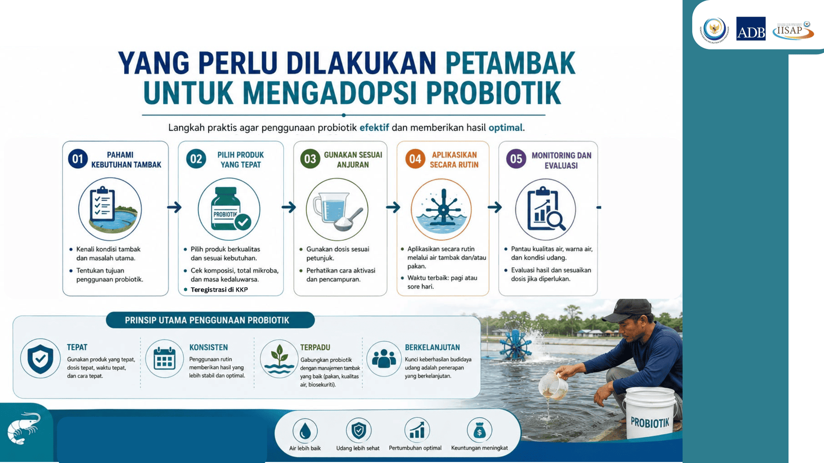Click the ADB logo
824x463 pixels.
pyautogui.click(x=751, y=29)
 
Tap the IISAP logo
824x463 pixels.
pyautogui.click(x=793, y=30)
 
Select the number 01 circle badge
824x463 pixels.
pyautogui.click(x=78, y=159)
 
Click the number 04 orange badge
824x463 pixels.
pyautogui.click(x=415, y=159)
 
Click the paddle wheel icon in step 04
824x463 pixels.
pyautogui.click(x=443, y=209)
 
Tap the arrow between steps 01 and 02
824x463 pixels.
pyautogui.click(x=175, y=207)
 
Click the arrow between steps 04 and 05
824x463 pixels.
pyautogui.click(x=495, y=207)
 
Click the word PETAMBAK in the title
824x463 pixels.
pyautogui.click(x=510, y=63)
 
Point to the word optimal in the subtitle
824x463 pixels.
pyautogui.click(x=505, y=128)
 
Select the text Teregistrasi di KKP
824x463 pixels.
pyautogui.click(x=219, y=290)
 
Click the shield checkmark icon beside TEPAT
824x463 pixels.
pyautogui.click(x=40, y=359)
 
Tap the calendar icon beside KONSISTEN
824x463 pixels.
pyautogui.click(x=164, y=359)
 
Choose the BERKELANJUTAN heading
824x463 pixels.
pyautogui.click(x=432, y=347)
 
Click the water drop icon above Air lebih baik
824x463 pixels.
pyautogui.click(x=305, y=430)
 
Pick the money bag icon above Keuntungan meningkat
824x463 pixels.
pyautogui.click(x=479, y=430)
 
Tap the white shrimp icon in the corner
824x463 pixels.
pyautogui.click(x=24, y=428)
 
